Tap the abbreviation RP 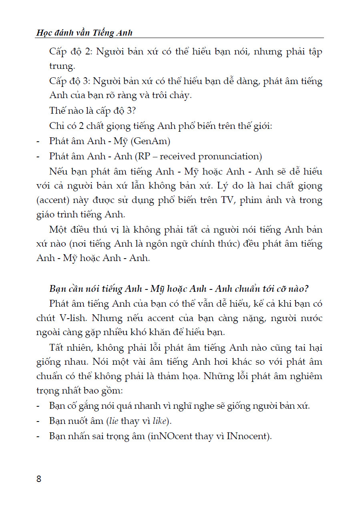pyautogui.click(x=144, y=156)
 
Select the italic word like pyautogui.click(x=161, y=421)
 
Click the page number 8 pyautogui.click(x=39, y=479)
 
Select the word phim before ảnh pyautogui.click(x=251, y=200)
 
